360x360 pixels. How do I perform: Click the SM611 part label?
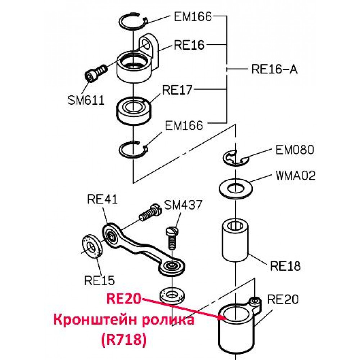point(86,100)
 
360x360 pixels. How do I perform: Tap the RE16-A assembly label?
point(274,69)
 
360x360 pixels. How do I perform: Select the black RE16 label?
point(189,45)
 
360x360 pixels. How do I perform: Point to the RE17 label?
point(177,90)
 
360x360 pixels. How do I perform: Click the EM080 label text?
point(294,150)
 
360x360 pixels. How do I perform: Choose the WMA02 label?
point(296,176)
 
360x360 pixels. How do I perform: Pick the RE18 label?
point(285,266)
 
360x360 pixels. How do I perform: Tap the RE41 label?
point(102,199)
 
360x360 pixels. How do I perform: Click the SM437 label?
point(183,205)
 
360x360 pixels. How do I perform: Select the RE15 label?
point(99,280)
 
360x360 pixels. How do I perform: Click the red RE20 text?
point(124,299)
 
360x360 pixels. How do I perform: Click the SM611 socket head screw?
point(96,72)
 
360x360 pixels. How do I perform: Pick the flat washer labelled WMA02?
point(235,189)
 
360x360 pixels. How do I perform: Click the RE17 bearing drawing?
point(134,111)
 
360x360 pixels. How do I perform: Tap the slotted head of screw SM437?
point(172,231)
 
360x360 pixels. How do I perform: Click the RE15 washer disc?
point(92,246)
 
